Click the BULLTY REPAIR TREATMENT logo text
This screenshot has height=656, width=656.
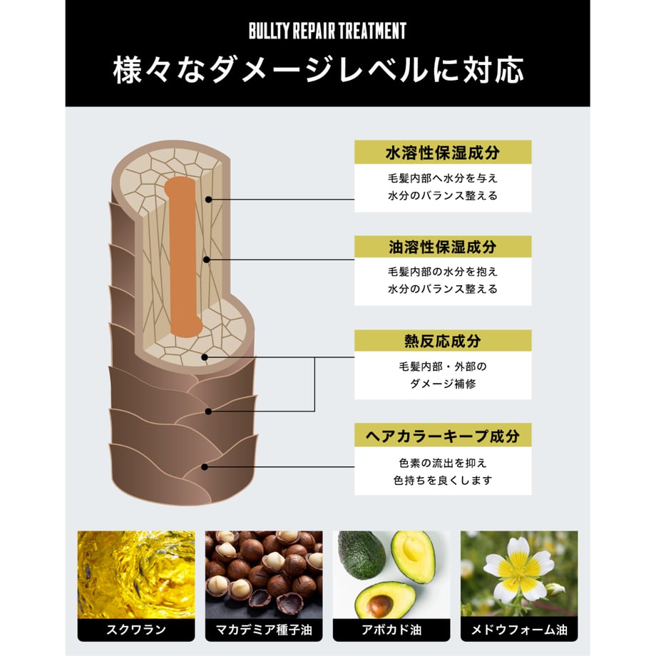click(x=327, y=31)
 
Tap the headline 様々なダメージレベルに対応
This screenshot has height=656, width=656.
click(x=319, y=70)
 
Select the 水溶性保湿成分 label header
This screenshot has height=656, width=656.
click(x=443, y=153)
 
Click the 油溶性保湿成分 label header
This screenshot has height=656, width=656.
click(x=443, y=247)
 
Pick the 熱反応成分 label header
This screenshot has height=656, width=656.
click(x=443, y=341)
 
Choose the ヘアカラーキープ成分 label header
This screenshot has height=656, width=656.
click(x=443, y=435)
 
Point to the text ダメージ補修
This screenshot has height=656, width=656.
click(x=443, y=384)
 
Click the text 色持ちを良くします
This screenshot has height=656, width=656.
click(x=443, y=481)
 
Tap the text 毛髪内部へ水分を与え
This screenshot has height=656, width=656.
click(x=443, y=178)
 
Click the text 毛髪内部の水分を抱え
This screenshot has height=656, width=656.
click(x=443, y=272)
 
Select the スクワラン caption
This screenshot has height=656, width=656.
click(x=136, y=630)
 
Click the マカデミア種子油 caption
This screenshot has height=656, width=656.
click(x=264, y=630)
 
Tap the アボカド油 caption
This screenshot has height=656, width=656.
click(x=391, y=630)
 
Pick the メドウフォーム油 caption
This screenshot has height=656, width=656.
click(x=519, y=630)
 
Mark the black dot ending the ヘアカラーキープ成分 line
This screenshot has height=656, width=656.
click(x=205, y=467)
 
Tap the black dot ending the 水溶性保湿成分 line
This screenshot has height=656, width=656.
click(x=208, y=200)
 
